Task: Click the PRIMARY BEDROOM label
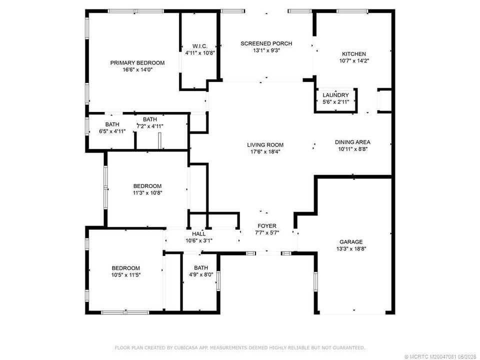(x=137, y=62)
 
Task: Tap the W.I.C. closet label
(x=200, y=45)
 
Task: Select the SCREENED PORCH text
(x=266, y=43)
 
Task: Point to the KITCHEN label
(x=353, y=54)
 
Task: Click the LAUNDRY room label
(x=335, y=95)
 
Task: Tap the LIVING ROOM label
(x=265, y=145)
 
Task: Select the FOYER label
(x=266, y=226)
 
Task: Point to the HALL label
(x=198, y=233)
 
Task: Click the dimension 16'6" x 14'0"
(x=137, y=70)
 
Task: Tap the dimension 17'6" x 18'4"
(x=265, y=151)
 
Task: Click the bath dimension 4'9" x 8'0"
(x=201, y=274)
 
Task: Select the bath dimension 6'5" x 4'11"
(x=112, y=131)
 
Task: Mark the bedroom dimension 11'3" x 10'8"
(x=147, y=192)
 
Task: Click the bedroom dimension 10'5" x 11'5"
(x=125, y=274)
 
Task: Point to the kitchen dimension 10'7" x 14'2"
(x=353, y=61)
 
